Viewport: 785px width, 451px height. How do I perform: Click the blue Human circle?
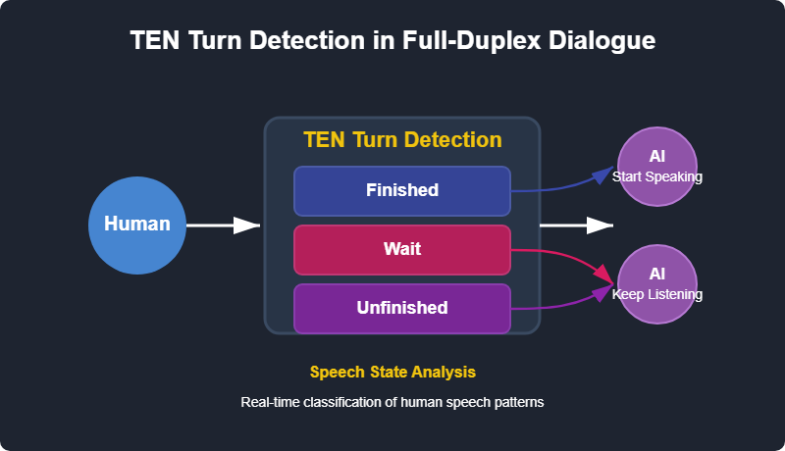tap(137, 225)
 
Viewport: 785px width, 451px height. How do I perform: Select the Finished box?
tap(402, 191)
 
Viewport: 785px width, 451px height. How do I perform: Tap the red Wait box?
tap(402, 250)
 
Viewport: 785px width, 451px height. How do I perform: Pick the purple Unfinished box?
tap(402, 309)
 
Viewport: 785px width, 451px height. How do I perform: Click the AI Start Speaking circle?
tap(656, 167)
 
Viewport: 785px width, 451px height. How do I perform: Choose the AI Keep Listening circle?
tap(656, 284)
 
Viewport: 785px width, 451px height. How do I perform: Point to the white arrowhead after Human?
tap(247, 225)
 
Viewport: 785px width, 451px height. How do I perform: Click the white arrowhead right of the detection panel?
tap(601, 225)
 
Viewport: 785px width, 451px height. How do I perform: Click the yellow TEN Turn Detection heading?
tap(402, 139)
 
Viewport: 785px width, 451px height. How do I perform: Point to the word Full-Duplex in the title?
tap(472, 40)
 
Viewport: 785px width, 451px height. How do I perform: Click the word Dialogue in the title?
tap(602, 40)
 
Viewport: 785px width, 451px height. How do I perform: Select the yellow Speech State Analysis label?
tap(392, 372)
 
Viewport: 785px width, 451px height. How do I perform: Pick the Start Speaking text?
tap(656, 176)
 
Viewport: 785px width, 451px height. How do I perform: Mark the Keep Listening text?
tap(656, 294)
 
